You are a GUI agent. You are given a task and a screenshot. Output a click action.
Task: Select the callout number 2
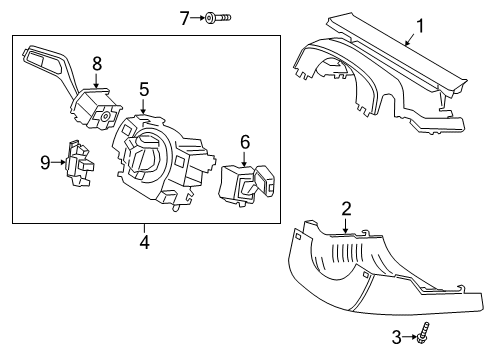pos(346,208)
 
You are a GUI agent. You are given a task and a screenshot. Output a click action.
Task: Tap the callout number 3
pos(395,337)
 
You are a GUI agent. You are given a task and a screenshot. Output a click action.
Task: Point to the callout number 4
pos(145,241)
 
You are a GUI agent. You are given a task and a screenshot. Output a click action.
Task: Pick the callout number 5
pos(144,90)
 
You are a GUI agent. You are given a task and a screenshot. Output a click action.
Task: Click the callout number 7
pos(184,16)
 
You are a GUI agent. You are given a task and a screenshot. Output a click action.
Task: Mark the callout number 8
pos(97,63)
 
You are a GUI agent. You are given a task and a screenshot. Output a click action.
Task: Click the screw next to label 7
pos(218,17)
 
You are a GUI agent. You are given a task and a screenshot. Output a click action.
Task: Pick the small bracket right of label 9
pos(74,162)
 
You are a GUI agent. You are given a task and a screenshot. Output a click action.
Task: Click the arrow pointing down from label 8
pos(97,80)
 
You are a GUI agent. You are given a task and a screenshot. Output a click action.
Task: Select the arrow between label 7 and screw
pos(198,16)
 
